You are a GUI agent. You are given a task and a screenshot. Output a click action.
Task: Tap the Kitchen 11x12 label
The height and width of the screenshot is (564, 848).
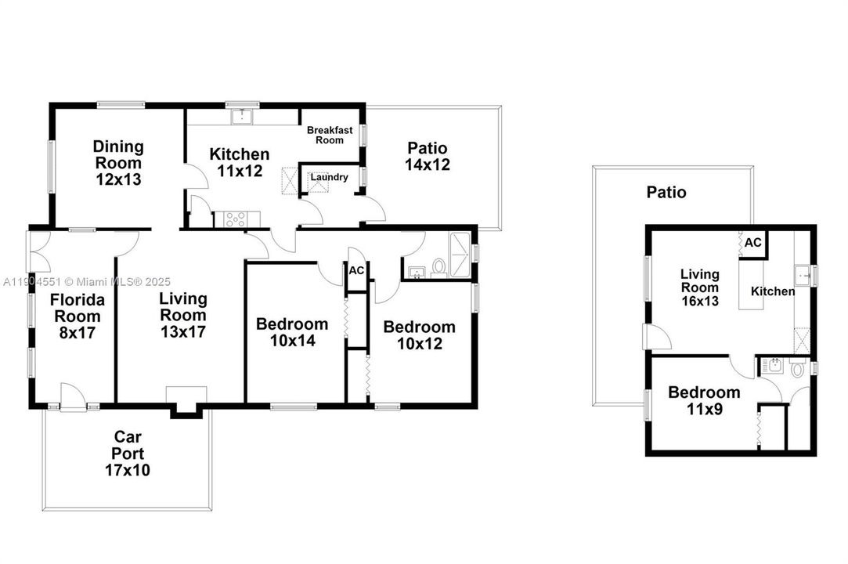pos(239,163)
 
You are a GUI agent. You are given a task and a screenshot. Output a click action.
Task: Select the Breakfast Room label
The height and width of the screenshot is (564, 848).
pos(330,135)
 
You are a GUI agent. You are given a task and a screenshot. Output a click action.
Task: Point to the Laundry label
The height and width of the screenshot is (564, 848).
pos(329,177)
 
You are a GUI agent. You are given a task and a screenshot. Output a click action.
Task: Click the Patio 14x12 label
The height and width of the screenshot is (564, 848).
pos(427,157)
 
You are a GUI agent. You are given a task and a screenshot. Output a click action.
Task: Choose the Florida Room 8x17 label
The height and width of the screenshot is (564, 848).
pos(76,316)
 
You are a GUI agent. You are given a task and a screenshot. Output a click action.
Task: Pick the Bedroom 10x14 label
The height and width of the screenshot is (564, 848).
pos(292,332)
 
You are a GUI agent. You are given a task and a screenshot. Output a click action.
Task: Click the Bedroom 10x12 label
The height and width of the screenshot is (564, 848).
pos(419,335)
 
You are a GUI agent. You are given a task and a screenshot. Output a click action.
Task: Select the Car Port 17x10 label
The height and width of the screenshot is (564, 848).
pos(127,454)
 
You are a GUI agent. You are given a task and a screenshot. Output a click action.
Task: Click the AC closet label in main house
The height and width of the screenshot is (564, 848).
pos(356,270)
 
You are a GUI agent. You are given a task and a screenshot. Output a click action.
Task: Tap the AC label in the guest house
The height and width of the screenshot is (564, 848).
pos(752,243)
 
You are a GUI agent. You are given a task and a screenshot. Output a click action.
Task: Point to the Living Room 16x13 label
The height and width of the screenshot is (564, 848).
pos(699,287)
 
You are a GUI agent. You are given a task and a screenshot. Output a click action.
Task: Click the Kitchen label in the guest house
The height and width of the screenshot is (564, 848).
pos(773,291)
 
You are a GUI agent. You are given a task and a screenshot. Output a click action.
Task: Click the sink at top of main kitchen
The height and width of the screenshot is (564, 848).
pos(242,117)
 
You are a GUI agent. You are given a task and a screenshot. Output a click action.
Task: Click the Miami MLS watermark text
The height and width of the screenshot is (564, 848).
pos(85,281)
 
